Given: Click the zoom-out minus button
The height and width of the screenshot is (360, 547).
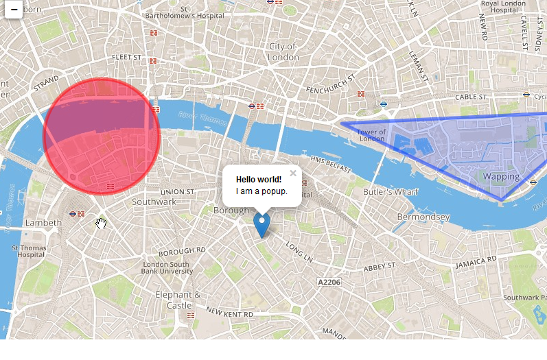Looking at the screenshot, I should (14, 10).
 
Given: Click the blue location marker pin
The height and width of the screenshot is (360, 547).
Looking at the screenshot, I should (261, 224).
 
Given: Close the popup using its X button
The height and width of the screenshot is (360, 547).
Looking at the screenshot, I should (293, 173).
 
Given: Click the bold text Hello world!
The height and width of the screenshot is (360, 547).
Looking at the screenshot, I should (259, 180).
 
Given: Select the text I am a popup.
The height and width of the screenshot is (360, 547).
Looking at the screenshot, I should (261, 191).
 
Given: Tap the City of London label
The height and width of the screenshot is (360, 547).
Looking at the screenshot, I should (283, 52).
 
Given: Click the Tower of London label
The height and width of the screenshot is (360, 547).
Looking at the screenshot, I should (371, 135).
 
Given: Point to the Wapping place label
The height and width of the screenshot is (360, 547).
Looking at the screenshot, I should (501, 176).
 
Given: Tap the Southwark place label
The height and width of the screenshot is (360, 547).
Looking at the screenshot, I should (154, 202).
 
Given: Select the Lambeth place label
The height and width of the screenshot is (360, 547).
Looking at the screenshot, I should (43, 223).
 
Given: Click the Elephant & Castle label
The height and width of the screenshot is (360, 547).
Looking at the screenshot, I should (178, 300).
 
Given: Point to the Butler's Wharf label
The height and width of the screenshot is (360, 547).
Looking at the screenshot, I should (391, 192).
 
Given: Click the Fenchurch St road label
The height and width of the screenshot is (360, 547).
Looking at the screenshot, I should (328, 90).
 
